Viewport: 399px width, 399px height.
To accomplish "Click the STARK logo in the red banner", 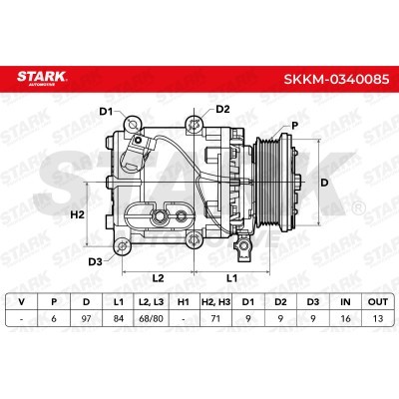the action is [x=42, y=78].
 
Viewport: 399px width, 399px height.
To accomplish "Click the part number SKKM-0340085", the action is [x=336, y=79].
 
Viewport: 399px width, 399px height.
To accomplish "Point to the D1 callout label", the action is [x=107, y=112].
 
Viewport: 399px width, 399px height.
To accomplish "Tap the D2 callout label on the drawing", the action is [x=222, y=109].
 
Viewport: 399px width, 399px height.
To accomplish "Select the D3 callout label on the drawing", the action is [x=95, y=262].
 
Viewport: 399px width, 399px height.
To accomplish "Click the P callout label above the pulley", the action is [x=294, y=126].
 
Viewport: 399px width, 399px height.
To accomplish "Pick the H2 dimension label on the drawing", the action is [x=78, y=214].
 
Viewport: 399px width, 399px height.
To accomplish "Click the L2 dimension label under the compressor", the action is [x=158, y=278].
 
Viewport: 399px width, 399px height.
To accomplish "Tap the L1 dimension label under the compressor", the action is [x=231, y=278].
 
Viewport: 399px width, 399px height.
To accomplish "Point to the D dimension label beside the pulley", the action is [x=324, y=183].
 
